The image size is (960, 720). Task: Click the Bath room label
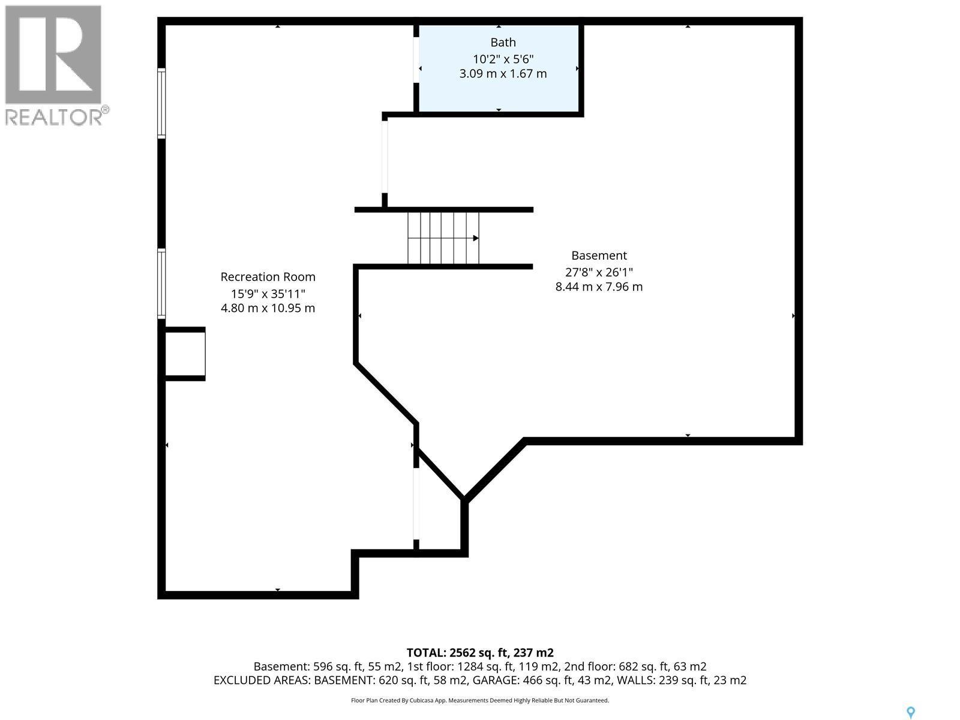pyautogui.click(x=503, y=43)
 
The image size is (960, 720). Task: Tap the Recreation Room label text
pyautogui.click(x=268, y=277)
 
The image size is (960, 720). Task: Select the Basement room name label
pyautogui.click(x=599, y=256)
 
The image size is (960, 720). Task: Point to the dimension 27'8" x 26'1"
pyautogui.click(x=599, y=272)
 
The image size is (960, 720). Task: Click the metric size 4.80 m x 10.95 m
pyautogui.click(x=268, y=308)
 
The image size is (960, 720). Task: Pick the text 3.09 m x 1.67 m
pyautogui.click(x=503, y=74)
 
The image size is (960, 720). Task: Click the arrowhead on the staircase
pyautogui.click(x=476, y=238)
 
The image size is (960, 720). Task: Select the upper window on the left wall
pyautogui.click(x=161, y=103)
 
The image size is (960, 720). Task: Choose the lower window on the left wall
pyautogui.click(x=161, y=283)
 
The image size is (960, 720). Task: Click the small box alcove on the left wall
pyautogui.click(x=185, y=353)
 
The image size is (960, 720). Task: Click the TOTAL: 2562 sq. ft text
pyautogui.click(x=479, y=653)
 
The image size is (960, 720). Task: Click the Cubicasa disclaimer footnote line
pyautogui.click(x=479, y=700)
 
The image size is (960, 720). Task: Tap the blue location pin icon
pyautogui.click(x=910, y=713)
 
